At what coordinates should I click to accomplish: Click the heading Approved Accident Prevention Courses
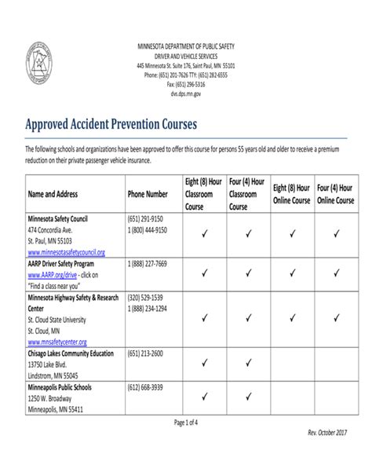[111, 124]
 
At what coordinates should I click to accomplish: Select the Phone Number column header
[147, 193]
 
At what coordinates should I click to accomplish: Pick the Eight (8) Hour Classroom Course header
[203, 193]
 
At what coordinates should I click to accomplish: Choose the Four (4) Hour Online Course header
[336, 193]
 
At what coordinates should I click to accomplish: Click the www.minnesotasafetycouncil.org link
[66, 253]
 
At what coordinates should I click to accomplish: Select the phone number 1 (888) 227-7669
[147, 265]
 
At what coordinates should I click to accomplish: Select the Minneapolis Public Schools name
[60, 388]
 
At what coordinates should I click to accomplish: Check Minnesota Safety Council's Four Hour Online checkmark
[336, 233]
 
